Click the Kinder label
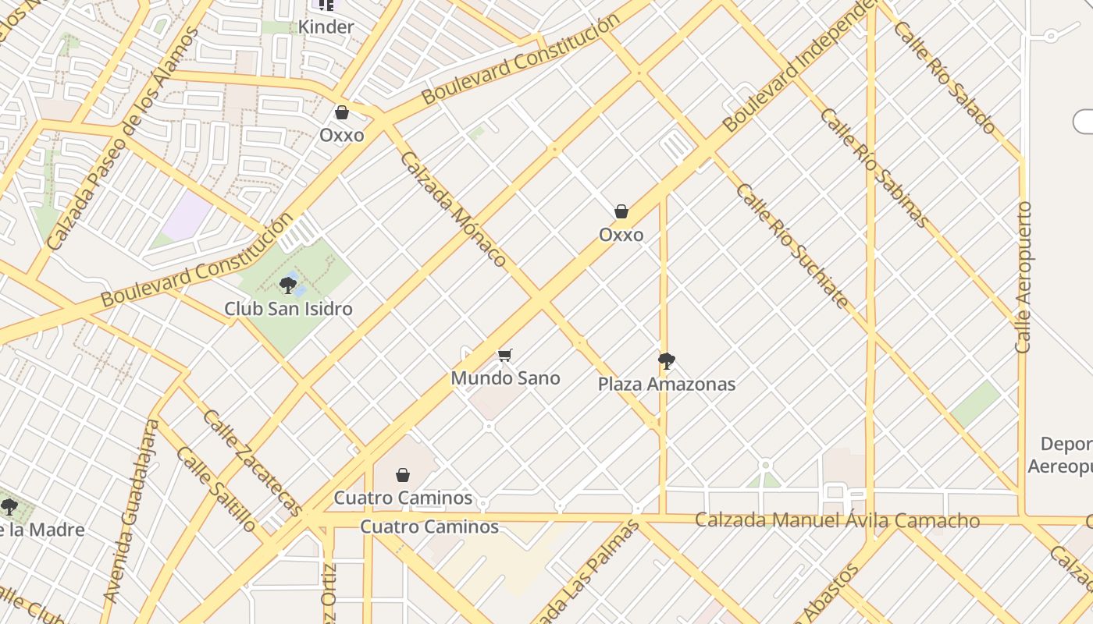(x=326, y=27)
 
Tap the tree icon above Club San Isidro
(x=288, y=285)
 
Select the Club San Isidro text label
(x=288, y=309)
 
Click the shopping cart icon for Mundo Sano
(x=505, y=356)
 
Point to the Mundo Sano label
(x=505, y=378)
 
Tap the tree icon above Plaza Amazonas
(x=666, y=360)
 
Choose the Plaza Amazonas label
(x=666, y=384)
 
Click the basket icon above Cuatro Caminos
(x=403, y=474)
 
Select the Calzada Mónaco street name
(x=454, y=209)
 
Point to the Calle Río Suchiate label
(x=792, y=246)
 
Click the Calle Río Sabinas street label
(x=874, y=168)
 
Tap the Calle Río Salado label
(x=945, y=76)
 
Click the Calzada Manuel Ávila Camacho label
(x=837, y=520)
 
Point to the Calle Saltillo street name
(x=215, y=488)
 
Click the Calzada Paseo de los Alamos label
(x=123, y=139)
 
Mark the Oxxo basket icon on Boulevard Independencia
(x=621, y=211)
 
